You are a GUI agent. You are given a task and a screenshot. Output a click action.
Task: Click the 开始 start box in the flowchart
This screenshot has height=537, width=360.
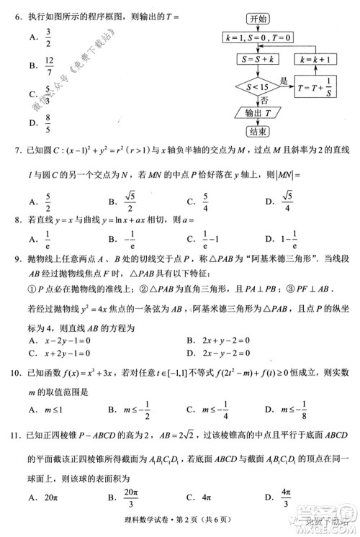click(x=258, y=19)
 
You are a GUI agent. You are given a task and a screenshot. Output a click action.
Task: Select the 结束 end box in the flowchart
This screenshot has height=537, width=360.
click(x=258, y=131)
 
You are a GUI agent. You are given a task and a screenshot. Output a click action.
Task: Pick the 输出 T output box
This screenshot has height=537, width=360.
click(x=257, y=113)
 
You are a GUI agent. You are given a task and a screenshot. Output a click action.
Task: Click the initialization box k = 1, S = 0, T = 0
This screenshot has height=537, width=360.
click(x=258, y=37)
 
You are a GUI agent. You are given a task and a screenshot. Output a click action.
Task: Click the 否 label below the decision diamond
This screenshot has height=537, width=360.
click(x=265, y=101)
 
